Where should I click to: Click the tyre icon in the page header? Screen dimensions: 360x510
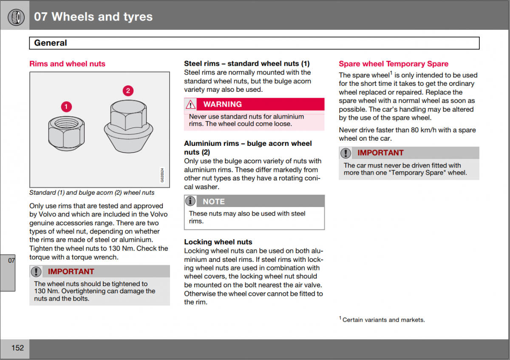pyautogui.click(x=15, y=16)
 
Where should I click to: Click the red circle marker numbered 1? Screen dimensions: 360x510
pyautogui.click(x=66, y=106)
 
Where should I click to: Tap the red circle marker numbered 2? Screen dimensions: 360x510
pyautogui.click(x=127, y=91)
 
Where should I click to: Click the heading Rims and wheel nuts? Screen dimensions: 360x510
pyautogui.click(x=67, y=64)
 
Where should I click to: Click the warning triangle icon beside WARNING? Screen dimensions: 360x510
pyautogui.click(x=191, y=104)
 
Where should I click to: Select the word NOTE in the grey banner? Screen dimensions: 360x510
pyautogui.click(x=213, y=201)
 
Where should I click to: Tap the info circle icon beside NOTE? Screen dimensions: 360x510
pyautogui.click(x=191, y=201)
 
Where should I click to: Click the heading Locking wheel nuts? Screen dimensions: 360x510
pyautogui.click(x=218, y=242)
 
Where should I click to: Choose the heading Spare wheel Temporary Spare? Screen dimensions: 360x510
pyautogui.click(x=393, y=64)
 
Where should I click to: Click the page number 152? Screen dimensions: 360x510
pyautogui.click(x=17, y=348)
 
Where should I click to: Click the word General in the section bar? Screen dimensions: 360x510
pyautogui.click(x=50, y=43)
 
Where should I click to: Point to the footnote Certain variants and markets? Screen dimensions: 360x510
pyautogui.click(x=383, y=320)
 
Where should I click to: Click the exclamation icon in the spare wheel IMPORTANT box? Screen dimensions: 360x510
pyautogui.click(x=346, y=153)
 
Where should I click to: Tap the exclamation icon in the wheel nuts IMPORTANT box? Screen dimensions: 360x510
pyautogui.click(x=37, y=272)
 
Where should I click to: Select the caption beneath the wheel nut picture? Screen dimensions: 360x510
pyautogui.click(x=92, y=193)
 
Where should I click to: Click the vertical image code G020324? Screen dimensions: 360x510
pyautogui.click(x=162, y=175)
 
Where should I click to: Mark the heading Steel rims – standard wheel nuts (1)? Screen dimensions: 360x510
pyautogui.click(x=246, y=64)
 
